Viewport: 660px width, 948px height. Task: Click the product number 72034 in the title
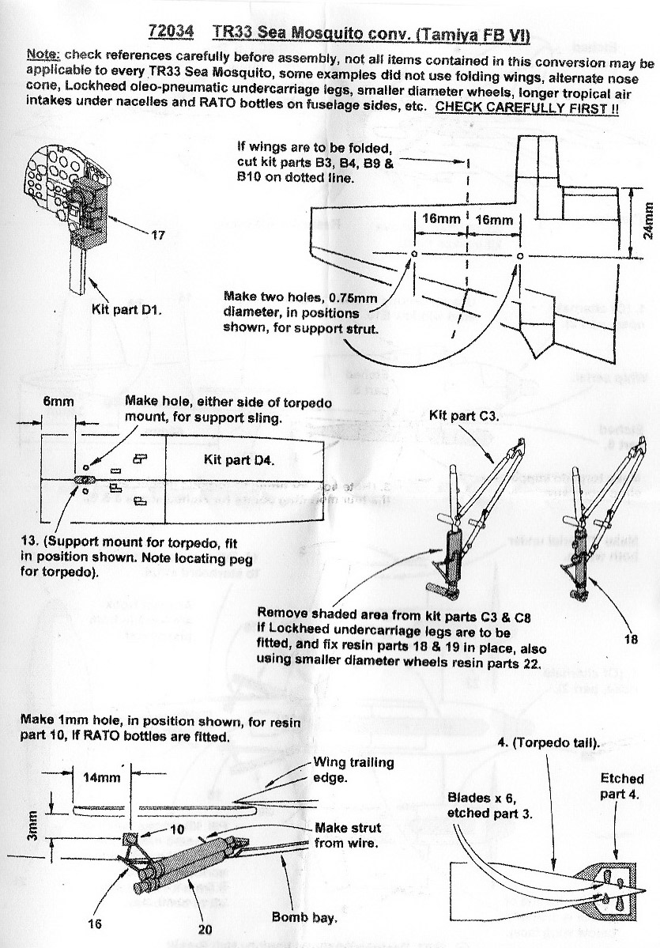[x=172, y=32]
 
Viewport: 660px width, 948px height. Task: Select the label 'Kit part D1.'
[x=127, y=310]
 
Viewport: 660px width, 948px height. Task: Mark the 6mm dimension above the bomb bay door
[x=58, y=401]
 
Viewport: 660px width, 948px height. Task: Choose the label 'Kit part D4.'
[x=235, y=459]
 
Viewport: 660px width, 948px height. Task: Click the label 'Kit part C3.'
[x=462, y=415]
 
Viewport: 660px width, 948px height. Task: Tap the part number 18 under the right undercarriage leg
[x=630, y=640]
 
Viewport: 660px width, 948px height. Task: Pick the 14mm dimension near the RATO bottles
[x=102, y=776]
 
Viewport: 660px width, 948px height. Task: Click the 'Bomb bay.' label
[x=304, y=918]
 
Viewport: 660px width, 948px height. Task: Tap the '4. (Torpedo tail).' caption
[x=546, y=742]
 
